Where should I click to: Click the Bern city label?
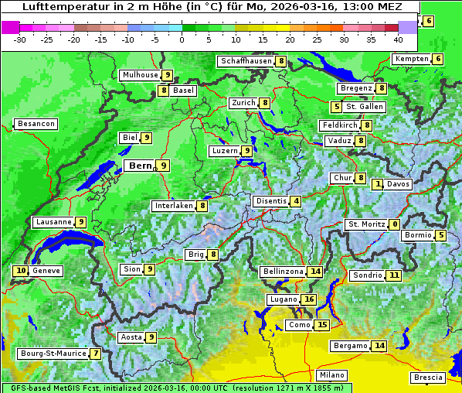coord(140,166)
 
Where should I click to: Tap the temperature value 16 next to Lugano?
coord(309,299)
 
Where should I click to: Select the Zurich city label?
coord(243,103)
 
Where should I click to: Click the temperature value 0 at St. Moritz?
coord(394,224)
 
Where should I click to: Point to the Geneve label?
coord(46,271)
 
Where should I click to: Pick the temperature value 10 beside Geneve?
coord(21,271)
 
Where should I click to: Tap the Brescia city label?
coord(428,378)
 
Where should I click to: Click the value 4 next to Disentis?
coord(296,201)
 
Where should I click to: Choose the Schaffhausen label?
coord(246,60)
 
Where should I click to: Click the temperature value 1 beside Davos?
coord(378,184)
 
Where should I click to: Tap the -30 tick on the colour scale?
coord(20,39)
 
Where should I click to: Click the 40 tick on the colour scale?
coord(398,39)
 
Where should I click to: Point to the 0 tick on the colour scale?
coord(182,39)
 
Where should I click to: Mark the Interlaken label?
coord(173,206)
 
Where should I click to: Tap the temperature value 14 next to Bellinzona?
coord(314,272)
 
